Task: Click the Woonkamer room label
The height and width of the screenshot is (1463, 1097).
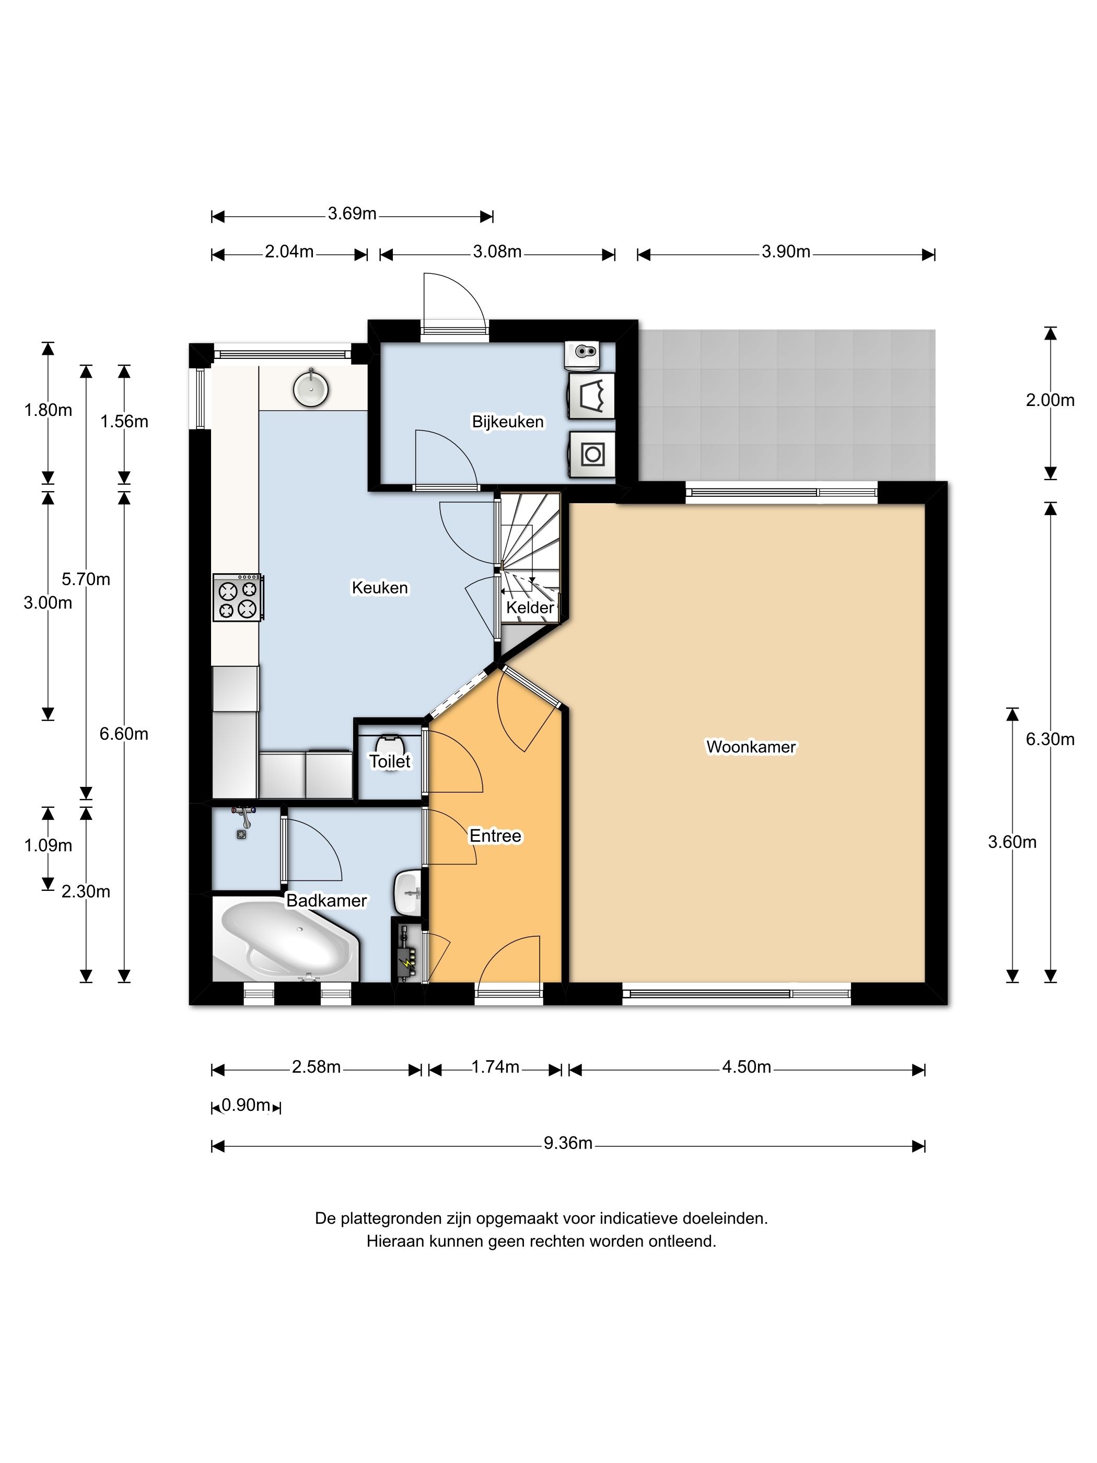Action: coord(751,747)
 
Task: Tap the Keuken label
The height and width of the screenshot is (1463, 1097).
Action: coord(380,587)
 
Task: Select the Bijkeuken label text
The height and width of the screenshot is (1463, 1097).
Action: coord(508,421)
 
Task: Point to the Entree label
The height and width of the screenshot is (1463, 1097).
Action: coord(495,836)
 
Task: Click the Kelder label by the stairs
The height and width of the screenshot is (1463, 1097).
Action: coord(530,607)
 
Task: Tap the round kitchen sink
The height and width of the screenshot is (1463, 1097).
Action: coord(311,388)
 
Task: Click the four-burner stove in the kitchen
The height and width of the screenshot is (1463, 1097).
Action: coord(237,597)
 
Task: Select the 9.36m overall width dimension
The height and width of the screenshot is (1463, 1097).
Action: coord(568,1143)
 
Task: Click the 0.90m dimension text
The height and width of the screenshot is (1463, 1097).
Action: coord(246,1105)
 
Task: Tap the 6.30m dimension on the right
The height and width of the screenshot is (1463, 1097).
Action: coord(1050,739)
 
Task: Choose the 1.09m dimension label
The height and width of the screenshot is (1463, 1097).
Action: coord(48,845)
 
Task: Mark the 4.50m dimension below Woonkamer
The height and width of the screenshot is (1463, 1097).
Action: coord(746,1067)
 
